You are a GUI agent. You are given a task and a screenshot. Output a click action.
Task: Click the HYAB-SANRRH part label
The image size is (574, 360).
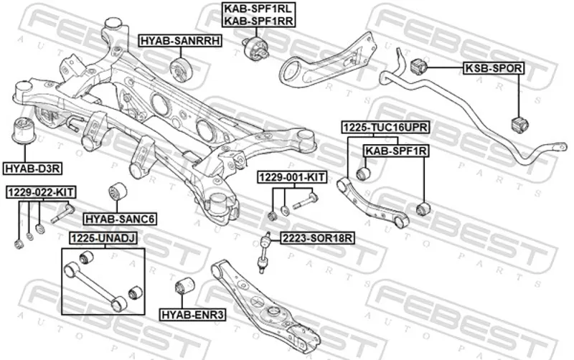pos(179,42)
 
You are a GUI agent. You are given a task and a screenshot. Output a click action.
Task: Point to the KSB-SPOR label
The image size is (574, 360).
pos(494,68)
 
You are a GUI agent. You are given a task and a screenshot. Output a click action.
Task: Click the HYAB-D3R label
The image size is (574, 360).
pos(33,168)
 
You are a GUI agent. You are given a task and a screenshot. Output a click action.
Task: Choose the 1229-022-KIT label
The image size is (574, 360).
pos(41,193)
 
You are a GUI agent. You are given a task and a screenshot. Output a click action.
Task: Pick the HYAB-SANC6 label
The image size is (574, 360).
pos(120,218)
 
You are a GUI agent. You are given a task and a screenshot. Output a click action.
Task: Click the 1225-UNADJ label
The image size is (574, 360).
pos(103,237)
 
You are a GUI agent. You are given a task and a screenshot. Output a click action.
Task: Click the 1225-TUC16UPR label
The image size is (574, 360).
pos(385,128)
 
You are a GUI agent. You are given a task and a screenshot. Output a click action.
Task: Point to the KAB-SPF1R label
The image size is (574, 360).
pos(396,151)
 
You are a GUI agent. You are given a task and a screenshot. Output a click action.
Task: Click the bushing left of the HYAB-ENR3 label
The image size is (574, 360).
pos(184,284)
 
